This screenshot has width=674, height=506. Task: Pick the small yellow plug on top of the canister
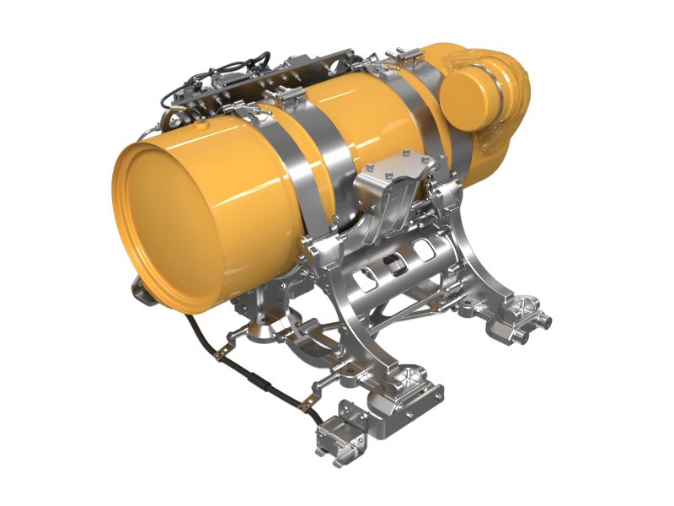(202, 123)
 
